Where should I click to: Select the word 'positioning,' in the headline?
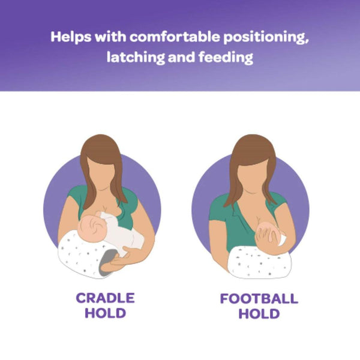click(262, 37)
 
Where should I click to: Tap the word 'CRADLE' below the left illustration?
click(105, 298)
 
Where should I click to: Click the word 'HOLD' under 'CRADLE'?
click(105, 313)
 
